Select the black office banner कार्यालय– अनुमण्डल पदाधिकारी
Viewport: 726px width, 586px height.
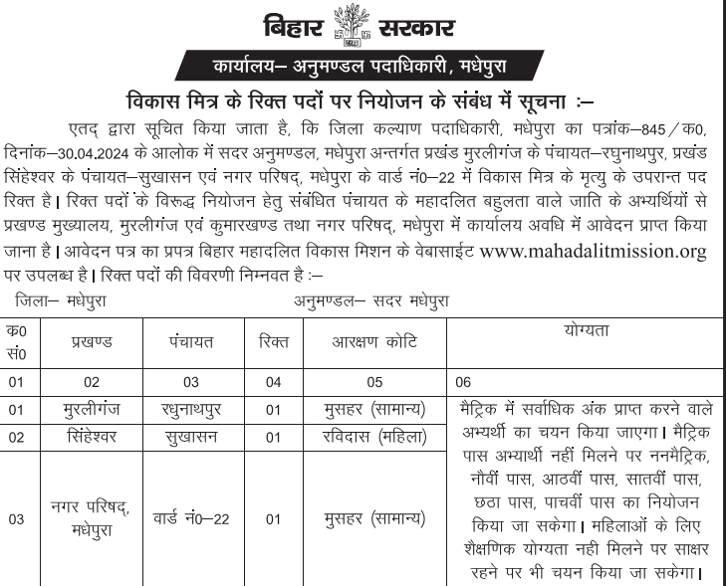click(363, 66)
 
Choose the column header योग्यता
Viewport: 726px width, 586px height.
click(584, 329)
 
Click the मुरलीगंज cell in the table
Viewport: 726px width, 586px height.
click(92, 410)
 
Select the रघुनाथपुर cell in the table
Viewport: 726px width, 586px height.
click(191, 410)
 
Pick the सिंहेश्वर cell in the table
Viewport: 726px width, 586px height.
click(92, 437)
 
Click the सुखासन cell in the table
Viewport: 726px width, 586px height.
click(191, 437)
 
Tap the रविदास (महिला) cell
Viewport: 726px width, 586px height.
click(373, 437)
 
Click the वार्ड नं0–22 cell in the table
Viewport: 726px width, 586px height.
click(191, 518)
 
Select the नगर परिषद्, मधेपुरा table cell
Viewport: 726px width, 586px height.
click(92, 517)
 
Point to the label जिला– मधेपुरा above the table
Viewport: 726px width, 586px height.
click(61, 299)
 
